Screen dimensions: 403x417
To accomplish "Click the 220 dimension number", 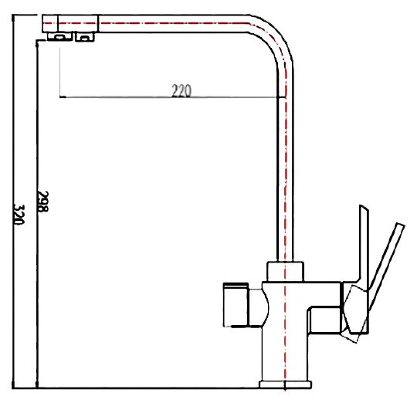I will pos(181,90).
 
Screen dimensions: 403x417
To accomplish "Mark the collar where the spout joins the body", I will pos(286,271).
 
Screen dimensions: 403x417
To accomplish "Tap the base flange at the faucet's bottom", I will pos(285,382).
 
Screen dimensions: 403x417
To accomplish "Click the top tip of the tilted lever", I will pos(399,225).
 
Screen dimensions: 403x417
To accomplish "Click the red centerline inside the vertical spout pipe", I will pos(286,154).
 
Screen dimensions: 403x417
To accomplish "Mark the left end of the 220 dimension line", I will pos(60,97).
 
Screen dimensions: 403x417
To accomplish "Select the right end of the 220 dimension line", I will pos(280,97).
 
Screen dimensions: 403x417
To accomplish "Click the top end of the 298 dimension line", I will pos(36,42).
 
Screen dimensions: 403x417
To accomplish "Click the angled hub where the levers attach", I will pos(357,309).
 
